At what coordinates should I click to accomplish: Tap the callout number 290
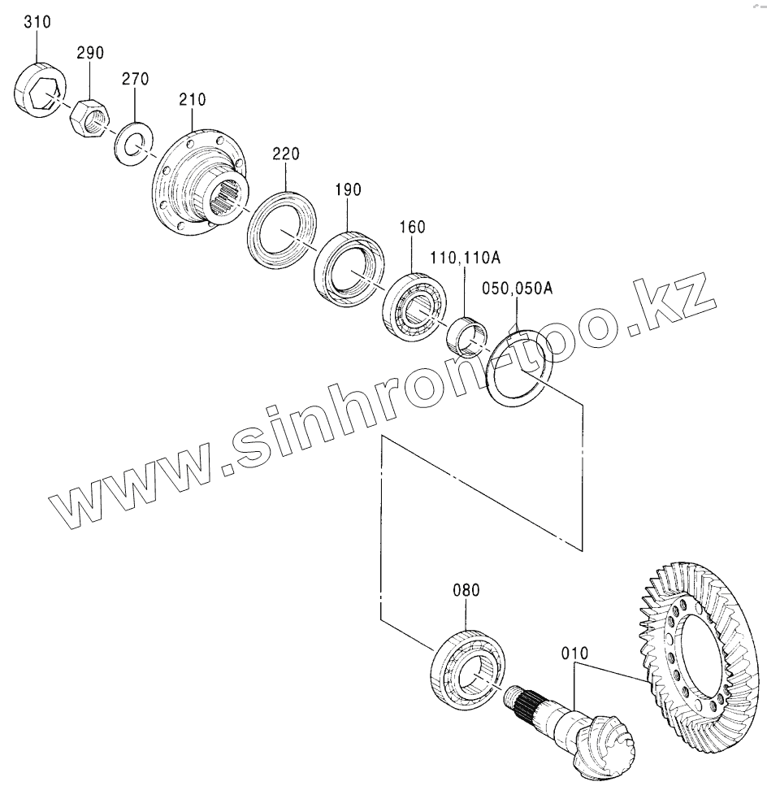tap(91, 54)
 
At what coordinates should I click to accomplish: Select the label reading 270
tap(136, 80)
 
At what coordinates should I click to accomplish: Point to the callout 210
tap(193, 100)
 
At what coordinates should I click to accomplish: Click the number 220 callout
tap(286, 153)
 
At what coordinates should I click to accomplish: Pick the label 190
tap(347, 190)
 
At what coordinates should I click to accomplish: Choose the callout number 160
tap(412, 228)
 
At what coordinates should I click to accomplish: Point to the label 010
tap(574, 652)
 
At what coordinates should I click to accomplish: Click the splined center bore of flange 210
tap(224, 198)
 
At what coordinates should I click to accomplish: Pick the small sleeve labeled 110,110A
tap(466, 336)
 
